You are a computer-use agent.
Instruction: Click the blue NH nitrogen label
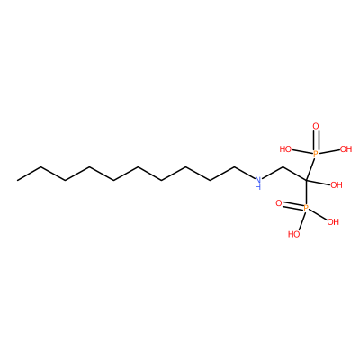[257, 184]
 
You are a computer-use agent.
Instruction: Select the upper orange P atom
[315, 154]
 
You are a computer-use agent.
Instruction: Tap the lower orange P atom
[306, 208]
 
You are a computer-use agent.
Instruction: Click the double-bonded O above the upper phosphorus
[316, 126]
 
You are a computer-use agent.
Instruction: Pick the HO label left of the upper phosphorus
[285, 149]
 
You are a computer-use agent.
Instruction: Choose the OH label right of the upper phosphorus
[346, 149]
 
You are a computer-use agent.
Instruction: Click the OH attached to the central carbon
[337, 185]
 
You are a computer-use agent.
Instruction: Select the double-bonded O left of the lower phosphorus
[279, 204]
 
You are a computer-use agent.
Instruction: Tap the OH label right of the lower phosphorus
[333, 222]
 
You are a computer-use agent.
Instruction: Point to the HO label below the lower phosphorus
[294, 234]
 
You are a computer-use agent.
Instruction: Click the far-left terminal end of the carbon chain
[17, 180]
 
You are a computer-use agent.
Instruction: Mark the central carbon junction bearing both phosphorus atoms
[306, 180]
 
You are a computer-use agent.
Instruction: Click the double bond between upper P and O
[316, 140]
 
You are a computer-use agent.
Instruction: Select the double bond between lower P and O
[292, 205]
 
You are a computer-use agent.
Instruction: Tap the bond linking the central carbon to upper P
[310, 169]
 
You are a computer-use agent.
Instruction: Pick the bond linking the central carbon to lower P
[306, 192]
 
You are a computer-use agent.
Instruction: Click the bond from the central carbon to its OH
[318, 183]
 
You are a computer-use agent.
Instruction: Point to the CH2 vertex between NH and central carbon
[283, 167]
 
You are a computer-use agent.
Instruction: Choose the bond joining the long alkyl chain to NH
[244, 173]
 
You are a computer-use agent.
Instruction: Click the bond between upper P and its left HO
[302, 152]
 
